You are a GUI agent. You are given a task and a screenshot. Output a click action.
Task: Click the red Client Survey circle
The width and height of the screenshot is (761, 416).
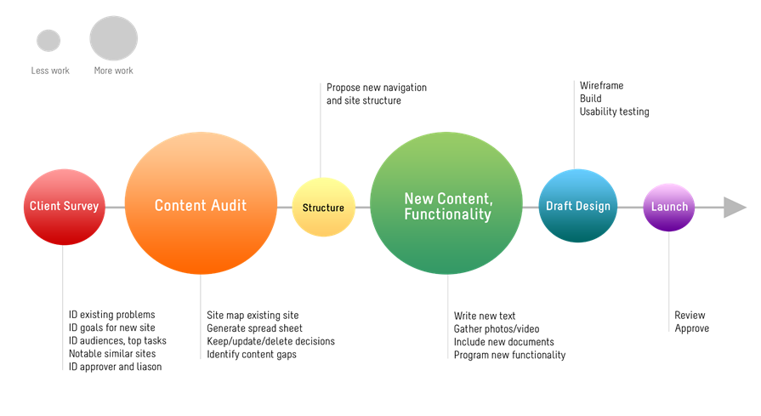pyautogui.click(x=64, y=207)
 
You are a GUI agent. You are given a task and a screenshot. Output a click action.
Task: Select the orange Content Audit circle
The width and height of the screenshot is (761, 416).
pyautogui.click(x=201, y=203)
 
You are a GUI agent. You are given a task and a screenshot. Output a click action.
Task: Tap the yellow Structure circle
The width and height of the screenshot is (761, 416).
pyautogui.click(x=323, y=208)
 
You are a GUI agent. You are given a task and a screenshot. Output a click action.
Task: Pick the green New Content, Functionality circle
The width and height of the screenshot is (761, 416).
pyautogui.click(x=446, y=203)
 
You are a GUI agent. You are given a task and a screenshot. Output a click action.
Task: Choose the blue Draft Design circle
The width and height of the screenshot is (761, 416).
pyautogui.click(x=577, y=206)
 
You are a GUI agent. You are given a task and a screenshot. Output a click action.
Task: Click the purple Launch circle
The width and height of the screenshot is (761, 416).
pyautogui.click(x=669, y=208)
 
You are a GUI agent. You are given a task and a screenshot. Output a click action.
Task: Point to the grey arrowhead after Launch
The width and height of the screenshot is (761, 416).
pyautogui.click(x=735, y=208)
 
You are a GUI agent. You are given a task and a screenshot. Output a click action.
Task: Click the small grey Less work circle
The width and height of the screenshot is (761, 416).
pyautogui.click(x=48, y=40)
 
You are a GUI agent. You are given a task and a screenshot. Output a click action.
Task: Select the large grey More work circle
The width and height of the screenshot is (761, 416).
pyautogui.click(x=114, y=38)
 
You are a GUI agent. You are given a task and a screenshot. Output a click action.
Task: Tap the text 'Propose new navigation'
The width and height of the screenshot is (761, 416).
pyautogui.click(x=377, y=88)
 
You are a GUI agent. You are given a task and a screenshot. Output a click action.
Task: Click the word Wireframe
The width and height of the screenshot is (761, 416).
pyautogui.click(x=601, y=85)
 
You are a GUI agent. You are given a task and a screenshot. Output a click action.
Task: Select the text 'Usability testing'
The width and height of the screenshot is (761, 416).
pyautogui.click(x=614, y=111)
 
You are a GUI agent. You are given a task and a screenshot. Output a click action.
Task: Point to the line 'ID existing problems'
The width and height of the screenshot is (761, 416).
pyautogui.click(x=111, y=315)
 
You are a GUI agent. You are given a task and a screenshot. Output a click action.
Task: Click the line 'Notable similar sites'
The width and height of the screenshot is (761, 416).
pyautogui.click(x=112, y=353)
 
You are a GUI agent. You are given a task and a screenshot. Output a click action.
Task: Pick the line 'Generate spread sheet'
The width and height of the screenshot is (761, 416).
pyautogui.click(x=254, y=328)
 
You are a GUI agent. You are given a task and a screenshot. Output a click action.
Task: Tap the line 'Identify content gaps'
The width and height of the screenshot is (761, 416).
pyautogui.click(x=252, y=355)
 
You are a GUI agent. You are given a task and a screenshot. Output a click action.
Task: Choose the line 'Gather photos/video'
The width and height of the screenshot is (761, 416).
pyautogui.click(x=497, y=329)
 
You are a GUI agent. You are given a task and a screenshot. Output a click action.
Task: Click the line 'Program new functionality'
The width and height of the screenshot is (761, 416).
pyautogui.click(x=509, y=356)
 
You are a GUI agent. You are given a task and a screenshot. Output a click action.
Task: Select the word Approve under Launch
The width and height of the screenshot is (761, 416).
pyautogui.click(x=691, y=328)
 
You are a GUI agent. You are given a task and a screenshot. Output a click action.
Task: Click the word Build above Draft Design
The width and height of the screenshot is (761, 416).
pyautogui.click(x=591, y=99)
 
